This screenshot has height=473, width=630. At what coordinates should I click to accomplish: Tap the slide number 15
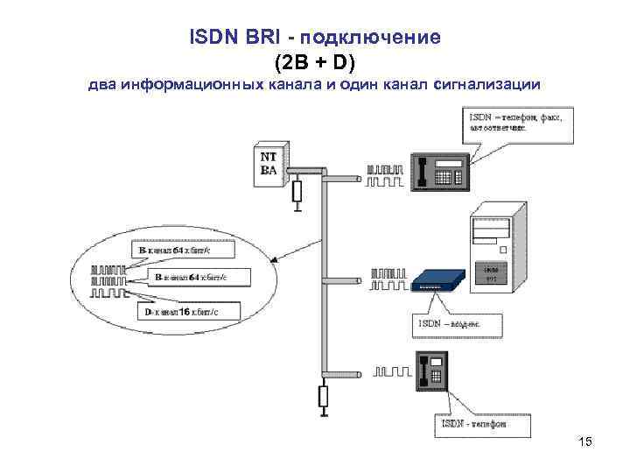[585, 442]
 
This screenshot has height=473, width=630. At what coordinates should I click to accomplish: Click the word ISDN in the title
[209, 39]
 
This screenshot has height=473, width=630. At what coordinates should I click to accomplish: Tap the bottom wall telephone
[433, 372]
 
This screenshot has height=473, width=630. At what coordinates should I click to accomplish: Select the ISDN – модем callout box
[456, 326]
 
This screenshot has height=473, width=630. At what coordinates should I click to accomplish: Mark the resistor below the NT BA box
[297, 191]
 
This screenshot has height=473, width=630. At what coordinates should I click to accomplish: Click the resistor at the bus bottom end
[323, 396]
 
